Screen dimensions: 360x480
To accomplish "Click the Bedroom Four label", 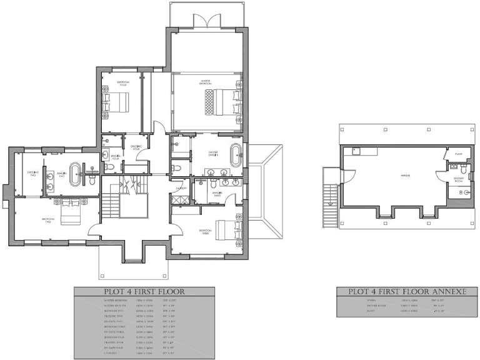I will click(x=122, y=83).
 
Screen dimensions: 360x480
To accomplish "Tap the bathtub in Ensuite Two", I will click(x=75, y=174).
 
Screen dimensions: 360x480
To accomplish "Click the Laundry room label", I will click(x=182, y=187).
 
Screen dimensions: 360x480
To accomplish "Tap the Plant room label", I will click(x=458, y=153).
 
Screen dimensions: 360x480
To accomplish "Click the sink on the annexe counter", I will click(x=356, y=151).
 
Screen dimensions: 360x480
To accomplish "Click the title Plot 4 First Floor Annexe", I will click(x=403, y=291).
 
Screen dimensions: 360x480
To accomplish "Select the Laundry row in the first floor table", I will click(x=144, y=353).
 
